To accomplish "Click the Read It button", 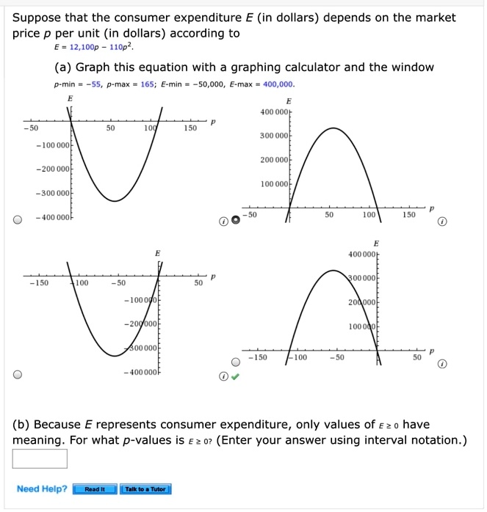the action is coord(95,489).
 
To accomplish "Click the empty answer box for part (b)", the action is coord(40,458).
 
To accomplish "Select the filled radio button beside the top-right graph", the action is coord(235,220).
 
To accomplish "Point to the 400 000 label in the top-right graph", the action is coord(275,112).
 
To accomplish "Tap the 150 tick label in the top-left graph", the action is coord(190,128).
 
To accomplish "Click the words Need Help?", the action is coord(42,489).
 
